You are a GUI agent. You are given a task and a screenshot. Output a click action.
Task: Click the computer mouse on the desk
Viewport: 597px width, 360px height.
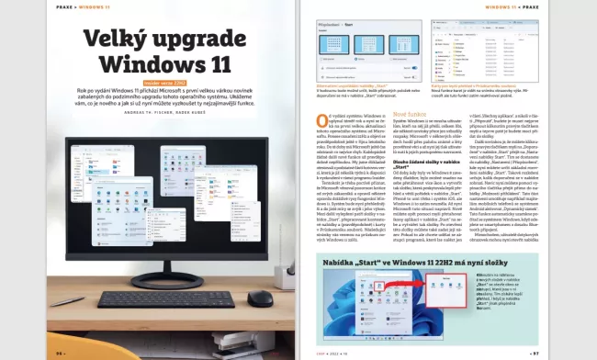[261, 298]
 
